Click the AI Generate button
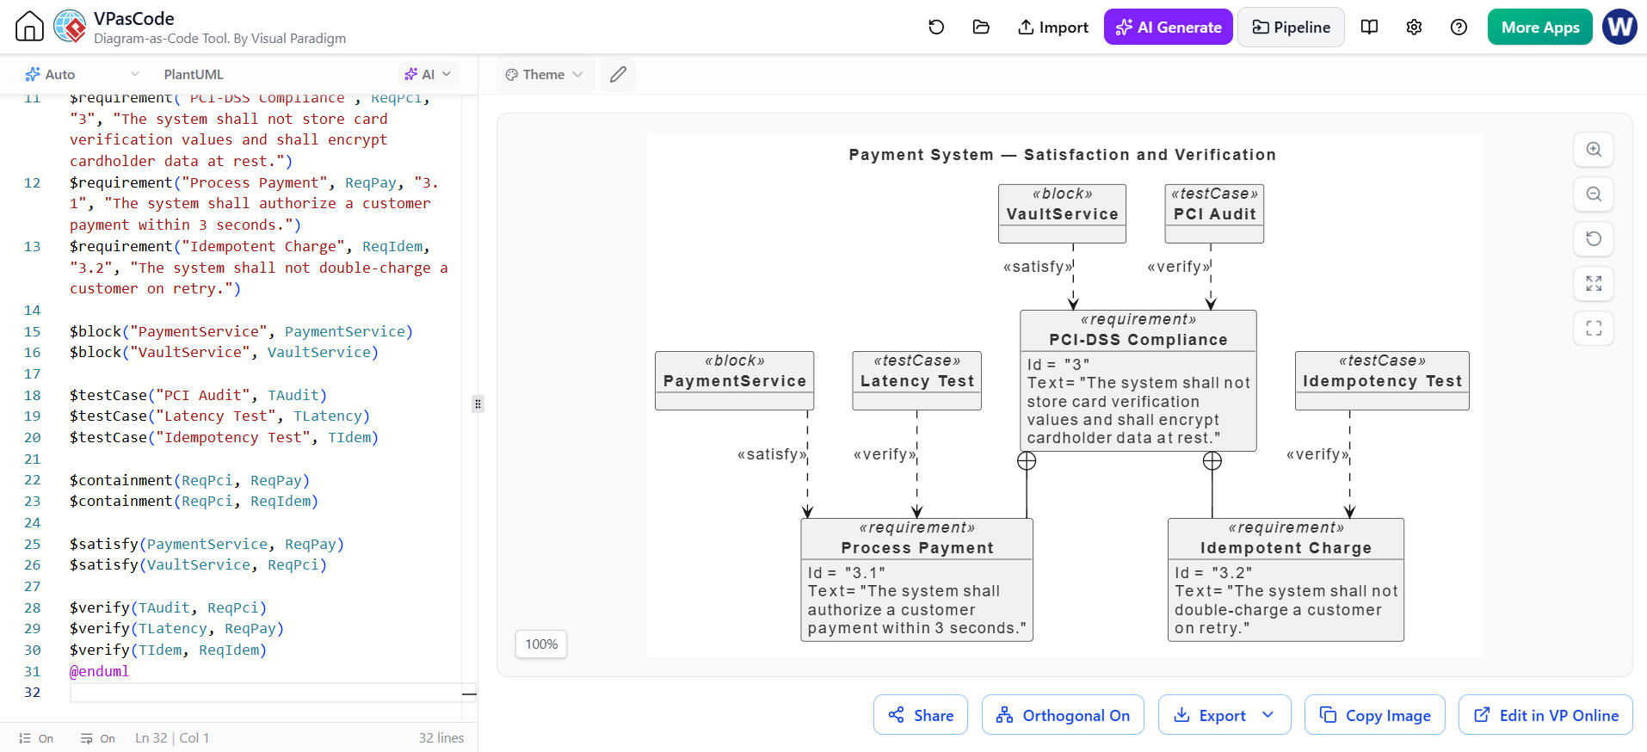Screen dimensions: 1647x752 pos(1168,28)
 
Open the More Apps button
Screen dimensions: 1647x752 pos(1539,28)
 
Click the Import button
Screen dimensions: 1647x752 pos(1052,28)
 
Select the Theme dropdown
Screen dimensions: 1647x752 pos(545,75)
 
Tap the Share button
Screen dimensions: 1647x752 pos(921,715)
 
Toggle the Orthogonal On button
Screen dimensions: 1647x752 pos(1063,715)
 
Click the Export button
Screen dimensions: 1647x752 pos(1224,715)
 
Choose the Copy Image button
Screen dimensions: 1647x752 pos(1375,715)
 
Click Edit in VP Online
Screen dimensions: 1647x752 pos(1545,715)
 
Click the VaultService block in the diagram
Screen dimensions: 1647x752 pos(1062,213)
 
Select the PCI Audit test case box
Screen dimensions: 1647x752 pos(1214,213)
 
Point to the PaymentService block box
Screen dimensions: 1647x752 pos(734,380)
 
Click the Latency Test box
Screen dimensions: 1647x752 pos(916,380)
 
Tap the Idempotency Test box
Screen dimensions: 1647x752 pos(1382,380)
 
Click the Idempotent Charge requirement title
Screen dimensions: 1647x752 pos(1286,548)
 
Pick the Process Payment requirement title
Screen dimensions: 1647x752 pos(917,548)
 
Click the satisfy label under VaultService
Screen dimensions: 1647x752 pos(1038,267)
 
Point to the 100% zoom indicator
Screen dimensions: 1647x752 pos(541,644)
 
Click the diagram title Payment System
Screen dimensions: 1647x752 pos(921,155)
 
